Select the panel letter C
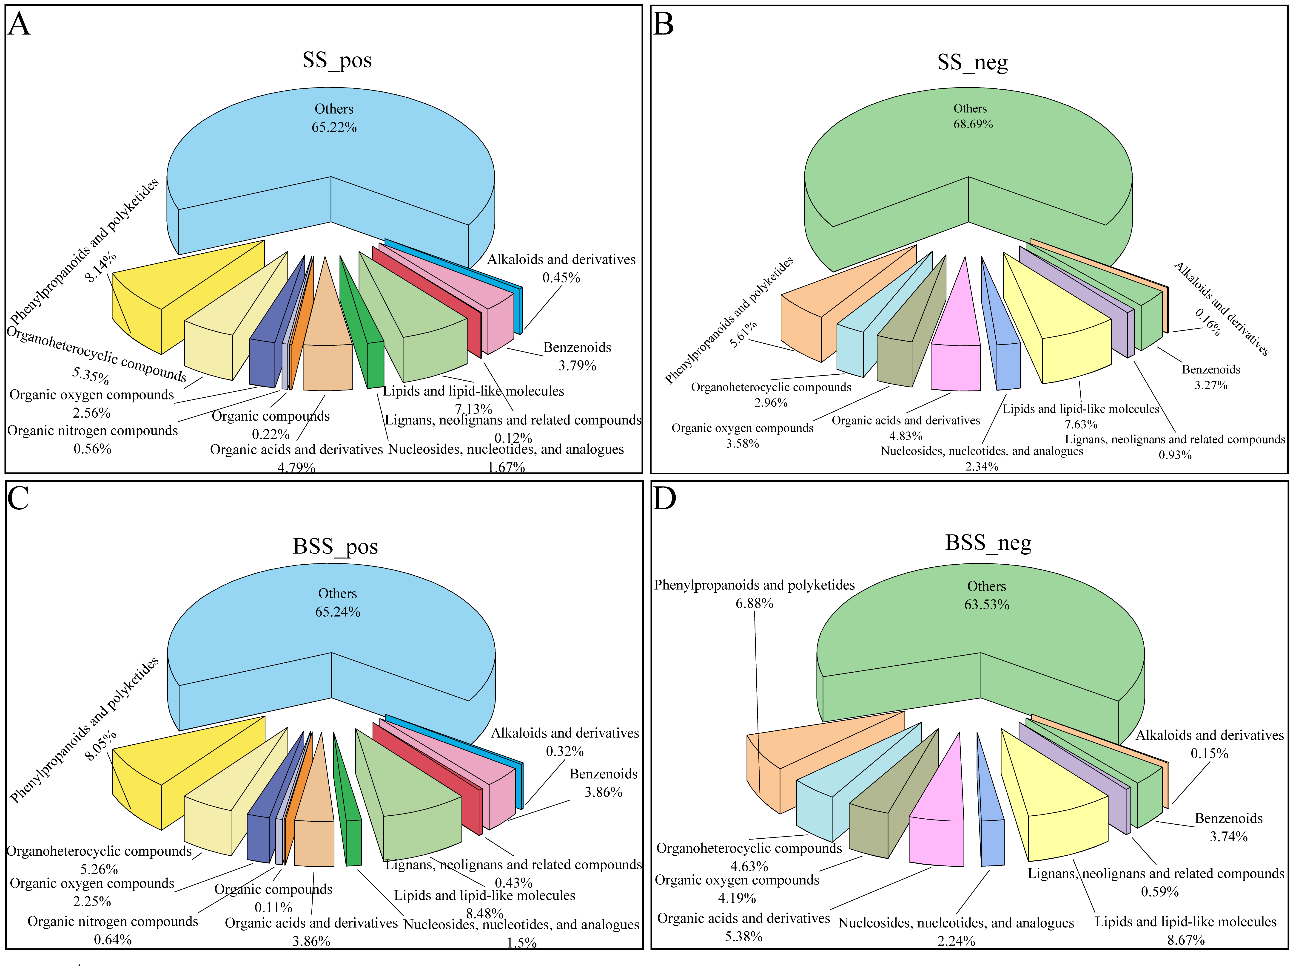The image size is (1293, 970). (x=19, y=498)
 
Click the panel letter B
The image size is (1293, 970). (x=664, y=25)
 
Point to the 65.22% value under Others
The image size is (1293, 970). (x=334, y=127)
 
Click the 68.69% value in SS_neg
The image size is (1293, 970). (x=973, y=124)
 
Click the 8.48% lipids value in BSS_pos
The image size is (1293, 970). (x=484, y=913)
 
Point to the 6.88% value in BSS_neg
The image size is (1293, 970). (x=754, y=603)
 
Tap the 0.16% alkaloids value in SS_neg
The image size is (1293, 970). (x=1208, y=321)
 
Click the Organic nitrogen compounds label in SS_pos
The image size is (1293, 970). (x=92, y=431)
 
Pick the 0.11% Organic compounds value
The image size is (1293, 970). (x=273, y=908)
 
